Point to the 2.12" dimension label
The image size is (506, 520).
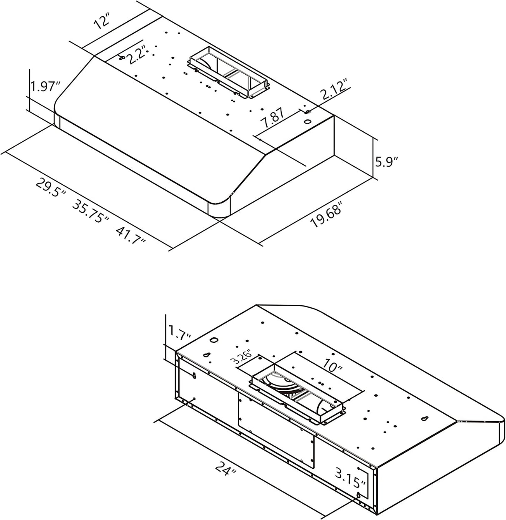pyautogui.click(x=332, y=90)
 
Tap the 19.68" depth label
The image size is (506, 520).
pyautogui.click(x=327, y=215)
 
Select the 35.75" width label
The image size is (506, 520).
pyautogui.click(x=90, y=212)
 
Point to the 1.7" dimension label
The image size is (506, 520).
pyautogui.click(x=180, y=332)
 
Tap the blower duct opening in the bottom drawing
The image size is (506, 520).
pyautogui.click(x=298, y=395)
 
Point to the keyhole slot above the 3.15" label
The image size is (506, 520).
pyautogui.click(x=424, y=419)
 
